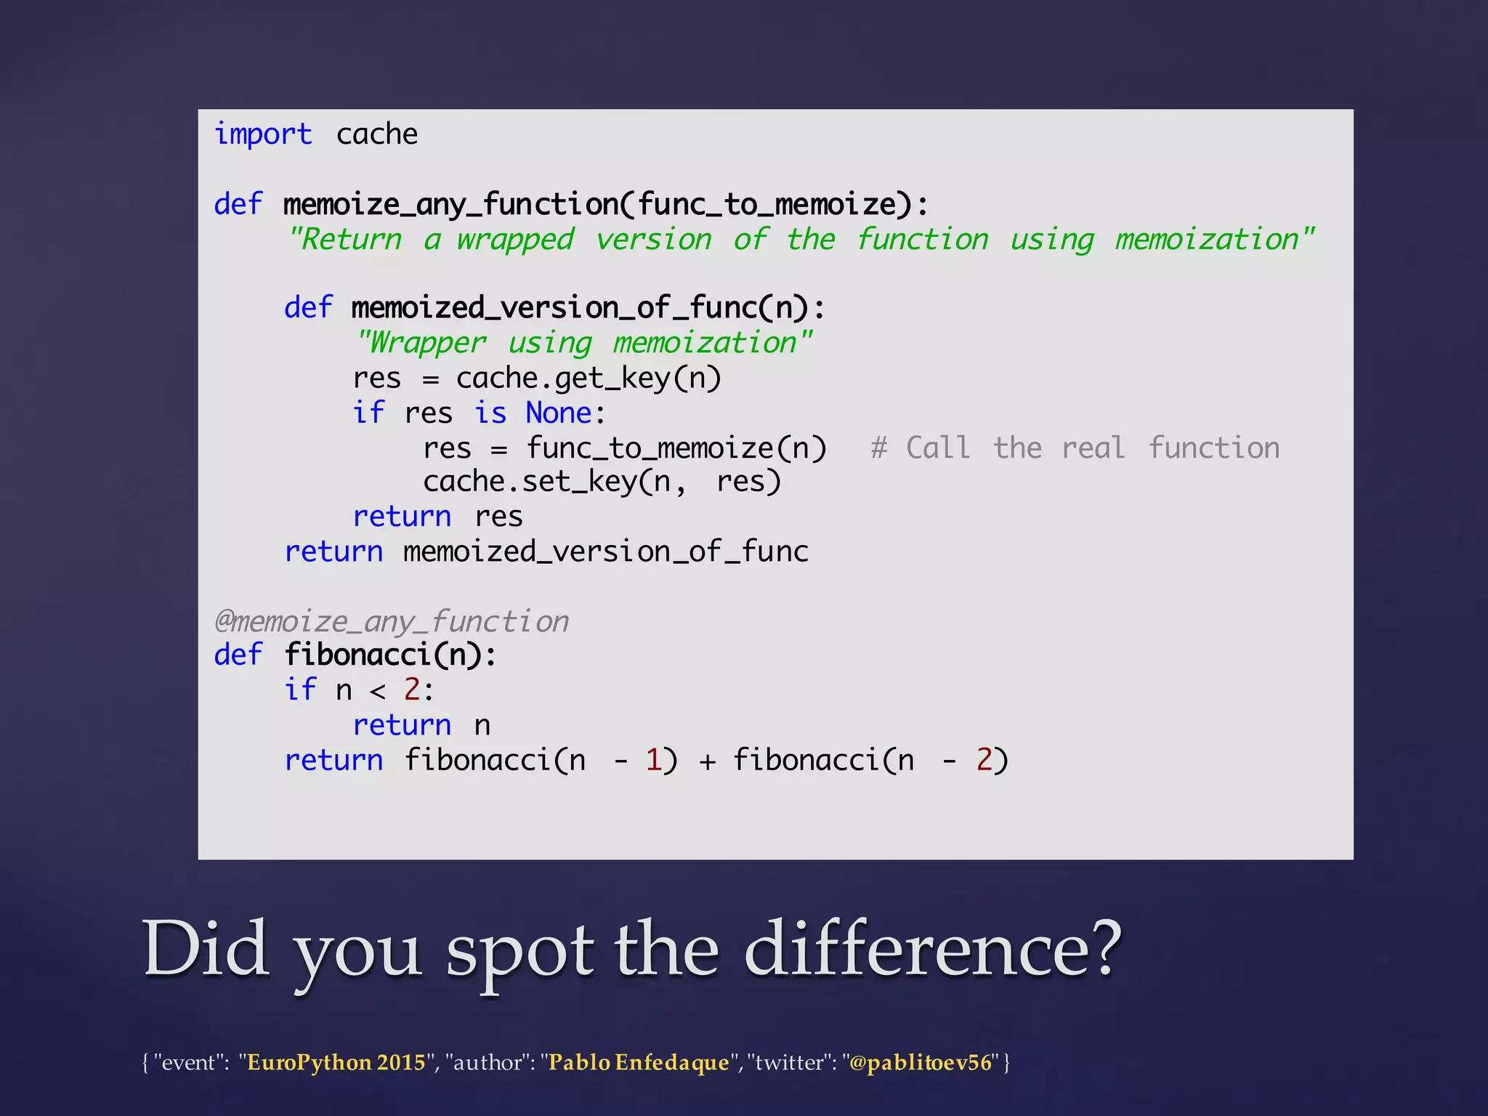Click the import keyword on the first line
[x=263, y=135]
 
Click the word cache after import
[x=376, y=135]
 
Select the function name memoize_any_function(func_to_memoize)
[x=605, y=205]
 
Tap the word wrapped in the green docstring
[x=515, y=240]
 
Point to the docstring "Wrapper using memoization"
[x=583, y=343]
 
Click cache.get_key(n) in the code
[x=588, y=379]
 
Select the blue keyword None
[x=559, y=413]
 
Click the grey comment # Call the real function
[x=1075, y=448]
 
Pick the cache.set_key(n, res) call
[x=602, y=482]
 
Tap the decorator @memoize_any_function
[x=392, y=622]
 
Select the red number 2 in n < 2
[x=412, y=690]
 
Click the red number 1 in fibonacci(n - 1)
[x=652, y=760]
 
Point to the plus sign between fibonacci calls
[x=707, y=761]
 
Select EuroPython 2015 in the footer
[x=336, y=1062]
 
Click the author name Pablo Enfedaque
[x=639, y=1062]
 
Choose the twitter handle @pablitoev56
[x=920, y=1062]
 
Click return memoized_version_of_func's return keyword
[x=333, y=552]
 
